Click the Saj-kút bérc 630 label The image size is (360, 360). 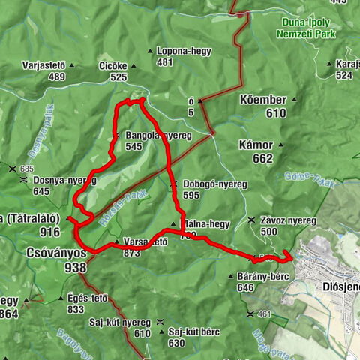pyautogui.click(x=187, y=337)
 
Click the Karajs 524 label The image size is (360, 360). pyautogui.click(x=344, y=69)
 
